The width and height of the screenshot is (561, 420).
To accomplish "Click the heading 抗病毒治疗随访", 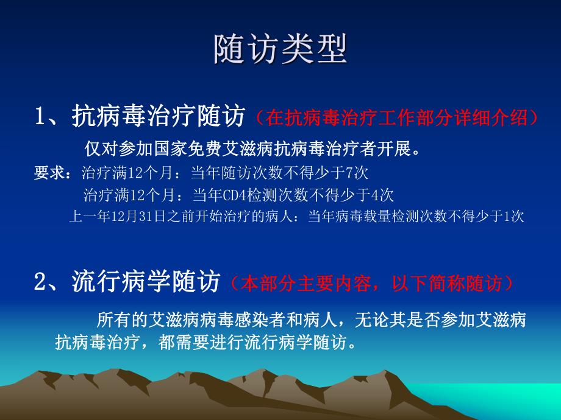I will (x=157, y=116).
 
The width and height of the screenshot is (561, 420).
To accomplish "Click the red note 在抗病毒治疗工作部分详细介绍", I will (x=396, y=117).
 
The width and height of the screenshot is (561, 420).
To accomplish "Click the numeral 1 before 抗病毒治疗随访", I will (x=40, y=116).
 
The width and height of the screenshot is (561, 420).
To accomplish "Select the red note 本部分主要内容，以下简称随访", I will (x=373, y=283).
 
